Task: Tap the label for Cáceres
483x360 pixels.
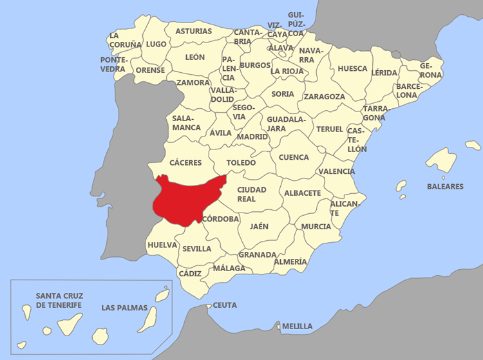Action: click(185, 163)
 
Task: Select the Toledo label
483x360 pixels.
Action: click(241, 163)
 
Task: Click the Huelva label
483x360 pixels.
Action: click(162, 245)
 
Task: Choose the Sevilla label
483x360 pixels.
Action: click(196, 249)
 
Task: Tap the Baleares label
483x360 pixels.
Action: click(445, 187)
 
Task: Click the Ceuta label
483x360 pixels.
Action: click(225, 305)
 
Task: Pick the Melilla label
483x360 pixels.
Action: click(297, 327)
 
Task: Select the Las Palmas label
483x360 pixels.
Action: click(124, 308)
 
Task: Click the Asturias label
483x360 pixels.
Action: click(193, 31)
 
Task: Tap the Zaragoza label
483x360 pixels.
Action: click(325, 97)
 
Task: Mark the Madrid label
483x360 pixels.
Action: click(252, 137)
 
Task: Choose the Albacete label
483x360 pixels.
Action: click(303, 193)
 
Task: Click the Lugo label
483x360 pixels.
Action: click(156, 44)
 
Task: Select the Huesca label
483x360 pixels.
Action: click(352, 68)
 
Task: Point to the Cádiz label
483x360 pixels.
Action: click(190, 274)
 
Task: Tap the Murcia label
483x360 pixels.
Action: click(316, 227)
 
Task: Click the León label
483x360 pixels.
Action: click(195, 57)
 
